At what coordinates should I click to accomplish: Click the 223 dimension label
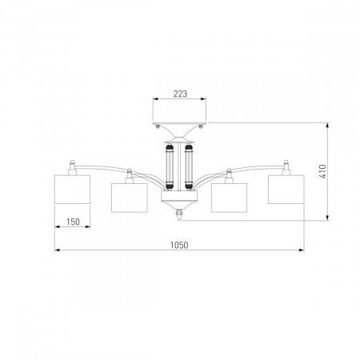(x=180, y=94)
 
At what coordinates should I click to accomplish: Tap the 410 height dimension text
(x=322, y=171)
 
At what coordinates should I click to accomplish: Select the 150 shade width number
(x=73, y=222)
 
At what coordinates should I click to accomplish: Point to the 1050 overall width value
(x=179, y=245)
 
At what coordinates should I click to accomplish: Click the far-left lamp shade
(x=72, y=190)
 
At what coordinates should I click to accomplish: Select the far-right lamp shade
(x=286, y=190)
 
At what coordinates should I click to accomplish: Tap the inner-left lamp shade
(x=130, y=198)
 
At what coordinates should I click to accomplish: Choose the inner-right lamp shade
(x=229, y=198)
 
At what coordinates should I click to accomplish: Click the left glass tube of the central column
(x=170, y=166)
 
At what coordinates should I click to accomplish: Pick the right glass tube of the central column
(x=189, y=166)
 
